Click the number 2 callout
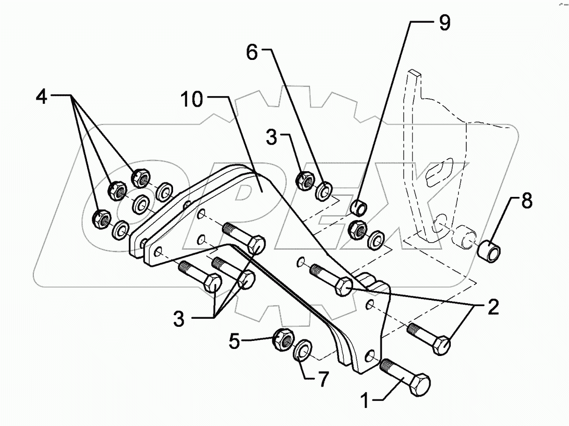[492, 307]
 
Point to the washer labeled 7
[302, 349]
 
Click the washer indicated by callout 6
[323, 190]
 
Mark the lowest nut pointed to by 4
[101, 219]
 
